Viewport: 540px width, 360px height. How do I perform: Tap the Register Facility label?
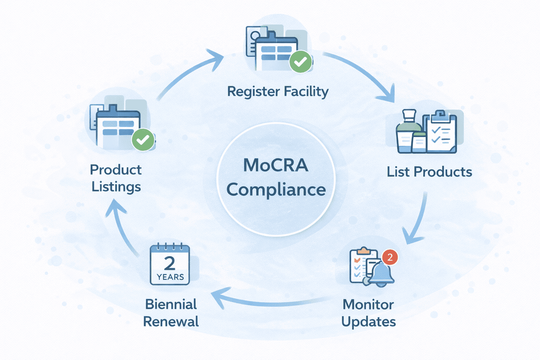[278, 91]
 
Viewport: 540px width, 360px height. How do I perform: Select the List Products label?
[429, 172]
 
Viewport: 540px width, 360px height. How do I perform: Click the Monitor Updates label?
[368, 313]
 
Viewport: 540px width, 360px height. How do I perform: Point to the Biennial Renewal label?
[171, 313]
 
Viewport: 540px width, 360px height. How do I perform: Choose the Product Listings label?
[116, 178]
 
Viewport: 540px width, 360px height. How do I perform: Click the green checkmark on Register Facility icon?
[300, 62]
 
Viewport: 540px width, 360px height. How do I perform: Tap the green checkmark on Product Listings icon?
[143, 140]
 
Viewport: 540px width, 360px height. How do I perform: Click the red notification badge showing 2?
[390, 257]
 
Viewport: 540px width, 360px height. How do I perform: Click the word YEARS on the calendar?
[170, 277]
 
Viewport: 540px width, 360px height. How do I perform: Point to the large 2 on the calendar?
[169, 263]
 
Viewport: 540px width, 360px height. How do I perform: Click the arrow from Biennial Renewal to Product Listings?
[121, 229]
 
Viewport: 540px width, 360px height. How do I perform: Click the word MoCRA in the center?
[276, 165]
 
